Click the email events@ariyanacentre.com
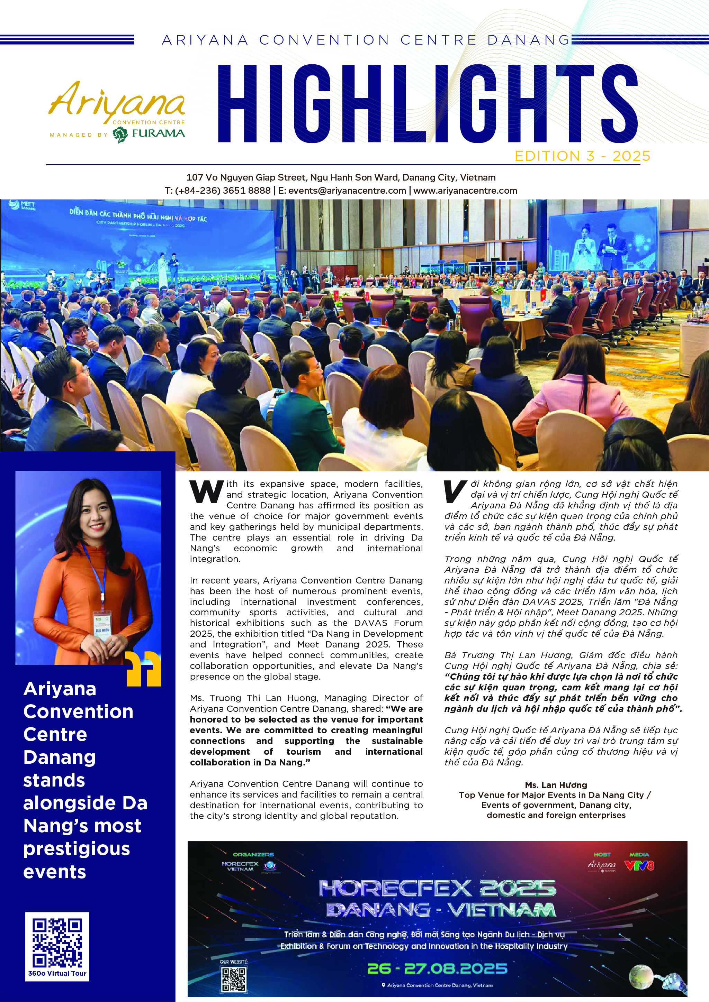point(347,191)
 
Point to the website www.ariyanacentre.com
point(465,191)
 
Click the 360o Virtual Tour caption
point(57,973)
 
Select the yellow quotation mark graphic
point(144,669)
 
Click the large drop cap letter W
point(206,491)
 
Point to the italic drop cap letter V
point(454,491)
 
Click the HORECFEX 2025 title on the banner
point(437,889)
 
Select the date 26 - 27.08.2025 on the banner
point(437,969)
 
